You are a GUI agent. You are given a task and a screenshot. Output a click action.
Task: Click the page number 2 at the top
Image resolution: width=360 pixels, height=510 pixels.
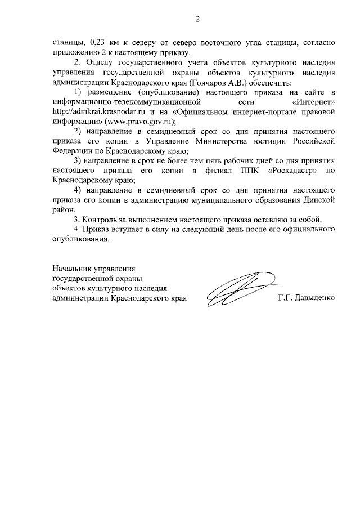(197, 20)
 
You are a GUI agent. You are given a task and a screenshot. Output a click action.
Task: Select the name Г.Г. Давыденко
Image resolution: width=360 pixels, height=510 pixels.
(307, 297)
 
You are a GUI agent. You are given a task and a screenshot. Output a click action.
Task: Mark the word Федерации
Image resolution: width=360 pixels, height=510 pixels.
(71, 151)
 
